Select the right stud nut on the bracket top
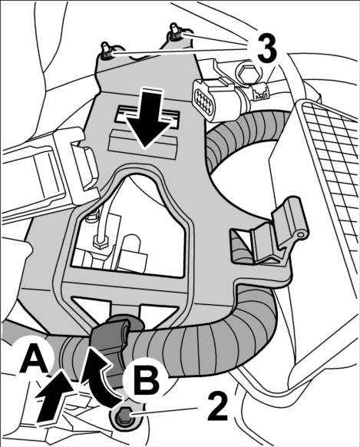click(x=174, y=33)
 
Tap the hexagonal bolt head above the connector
click(x=247, y=73)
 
